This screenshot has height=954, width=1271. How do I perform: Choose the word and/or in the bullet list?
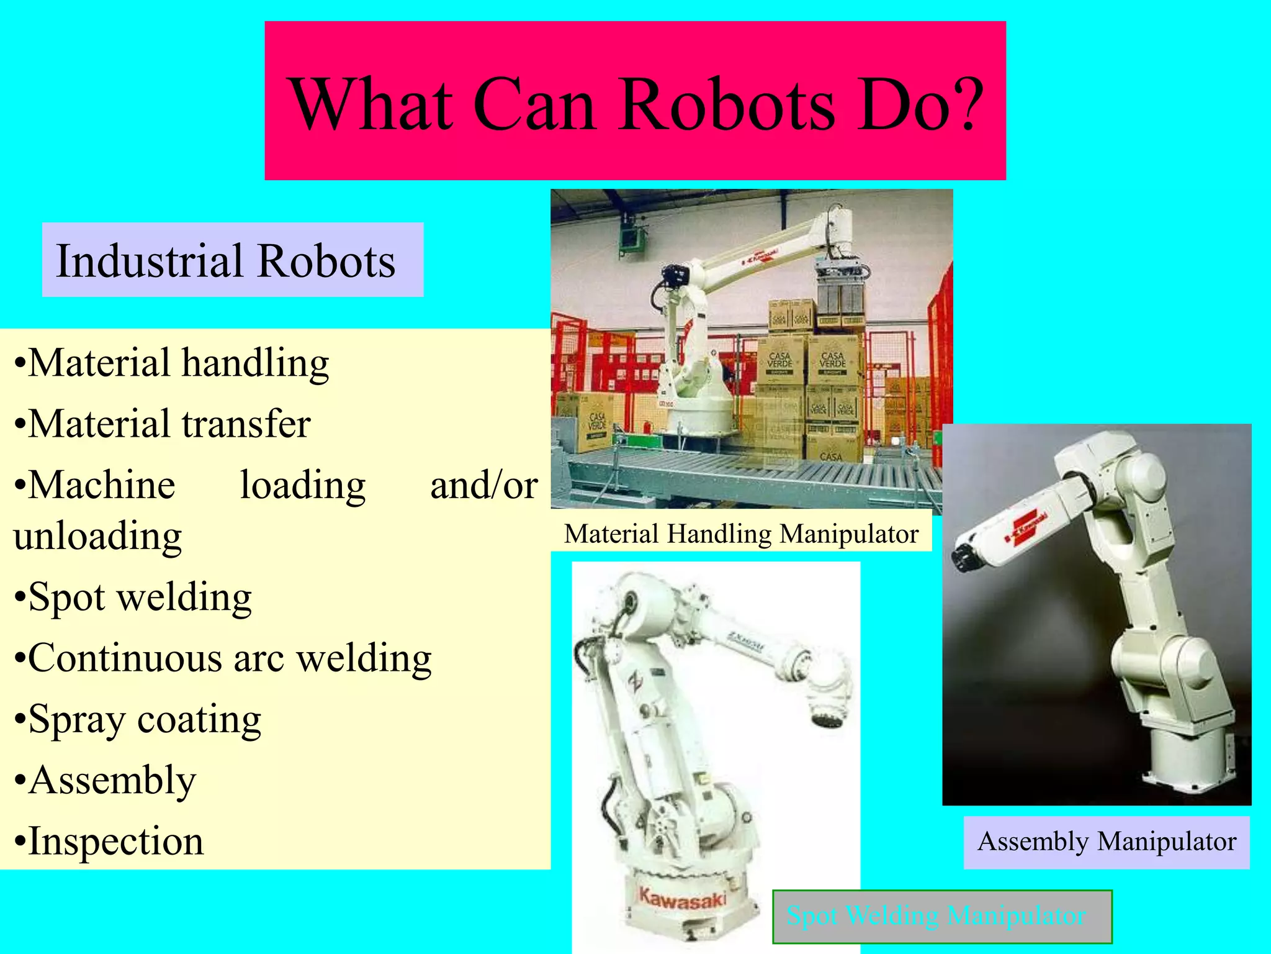(483, 486)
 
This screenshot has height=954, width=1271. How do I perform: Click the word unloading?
(97, 535)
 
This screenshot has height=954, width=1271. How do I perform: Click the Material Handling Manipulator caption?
(741, 534)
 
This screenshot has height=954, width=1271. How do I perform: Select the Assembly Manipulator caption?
(1107, 842)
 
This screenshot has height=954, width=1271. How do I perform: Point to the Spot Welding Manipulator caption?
(936, 916)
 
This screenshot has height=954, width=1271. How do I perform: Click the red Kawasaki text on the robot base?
(681, 899)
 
